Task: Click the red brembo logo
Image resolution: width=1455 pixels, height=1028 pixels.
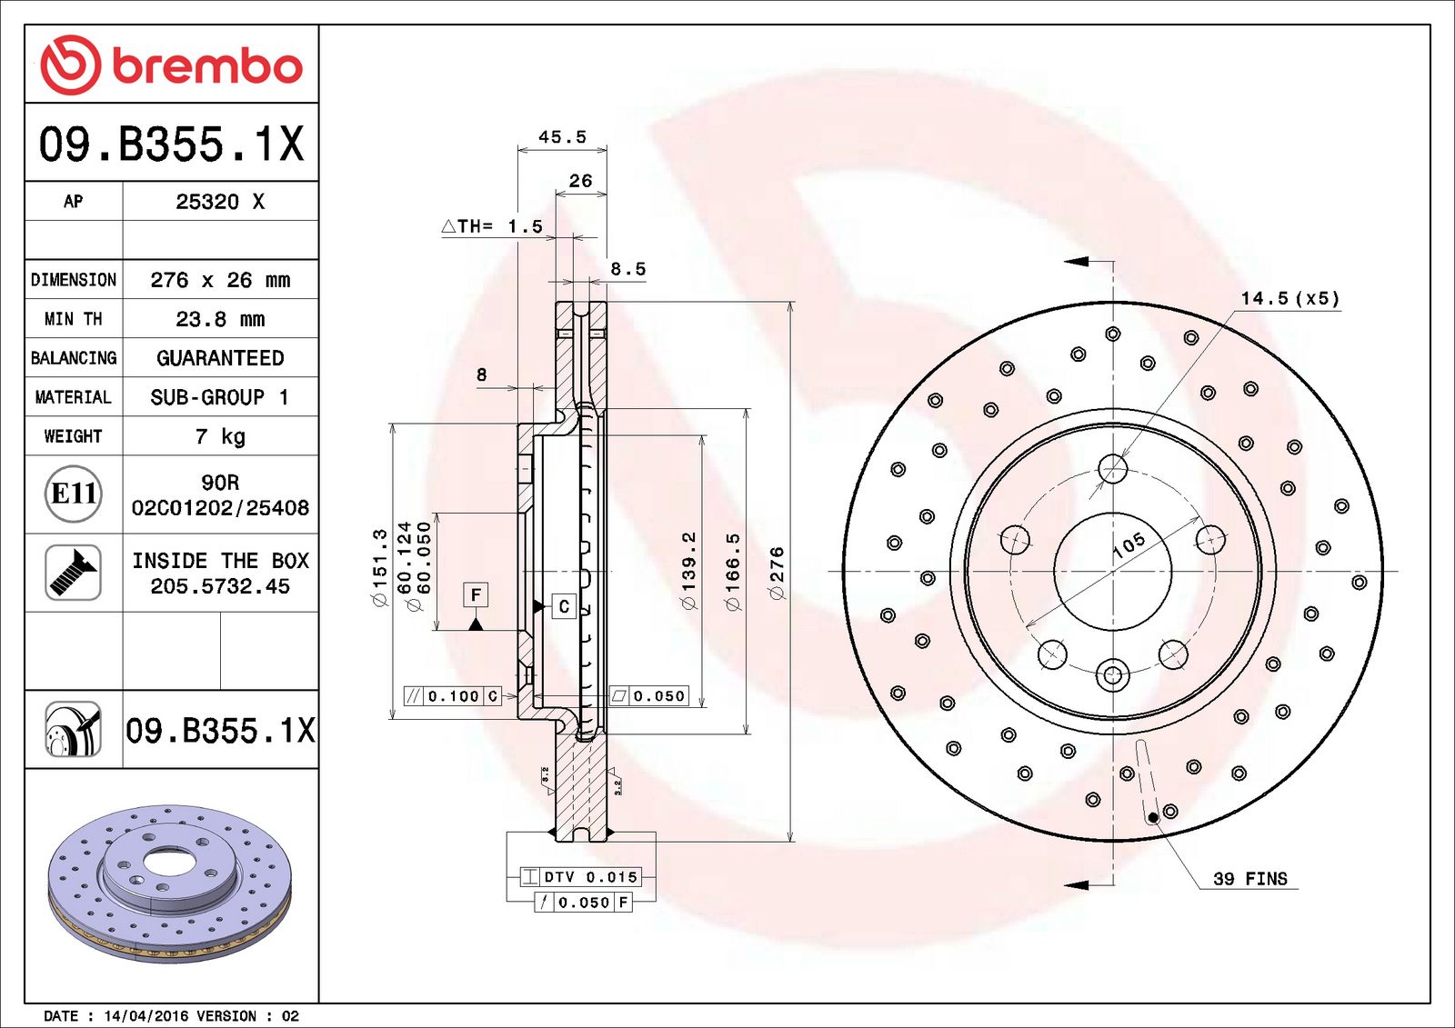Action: [171, 65]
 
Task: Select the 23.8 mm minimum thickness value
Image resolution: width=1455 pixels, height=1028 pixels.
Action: [220, 319]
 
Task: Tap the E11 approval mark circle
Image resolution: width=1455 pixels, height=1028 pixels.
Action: [73, 494]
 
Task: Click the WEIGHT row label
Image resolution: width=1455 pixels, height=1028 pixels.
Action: [73, 436]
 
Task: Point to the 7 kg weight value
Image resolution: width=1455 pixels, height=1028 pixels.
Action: [220, 436]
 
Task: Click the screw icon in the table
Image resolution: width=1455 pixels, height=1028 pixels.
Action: [73, 572]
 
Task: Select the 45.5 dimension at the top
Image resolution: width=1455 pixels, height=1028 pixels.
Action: [562, 137]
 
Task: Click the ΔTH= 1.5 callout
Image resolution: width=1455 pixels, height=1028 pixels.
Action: [492, 226]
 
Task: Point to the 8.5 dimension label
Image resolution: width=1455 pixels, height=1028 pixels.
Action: [627, 269]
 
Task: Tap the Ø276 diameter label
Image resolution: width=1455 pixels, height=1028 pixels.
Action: [776, 573]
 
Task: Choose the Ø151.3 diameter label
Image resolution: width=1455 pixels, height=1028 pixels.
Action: [379, 568]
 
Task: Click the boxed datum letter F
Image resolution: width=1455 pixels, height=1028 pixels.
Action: [476, 594]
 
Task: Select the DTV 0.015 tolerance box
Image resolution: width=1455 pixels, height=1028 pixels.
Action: [581, 877]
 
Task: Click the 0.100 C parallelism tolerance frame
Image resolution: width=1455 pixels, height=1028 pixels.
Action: [453, 696]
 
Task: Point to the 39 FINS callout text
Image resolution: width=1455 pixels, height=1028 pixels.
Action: [1249, 879]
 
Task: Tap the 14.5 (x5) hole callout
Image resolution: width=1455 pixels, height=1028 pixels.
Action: [1289, 298]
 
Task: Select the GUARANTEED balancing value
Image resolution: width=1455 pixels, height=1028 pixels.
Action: [220, 358]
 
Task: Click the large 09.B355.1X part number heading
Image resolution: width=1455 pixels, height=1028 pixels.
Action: [171, 144]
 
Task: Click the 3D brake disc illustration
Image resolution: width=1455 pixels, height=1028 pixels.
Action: [170, 882]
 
